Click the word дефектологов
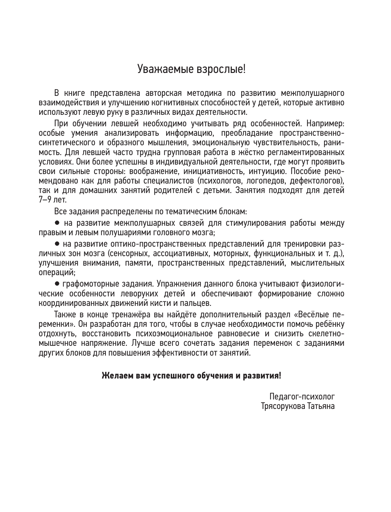(x=321, y=181)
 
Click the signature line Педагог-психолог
(x=302, y=397)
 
